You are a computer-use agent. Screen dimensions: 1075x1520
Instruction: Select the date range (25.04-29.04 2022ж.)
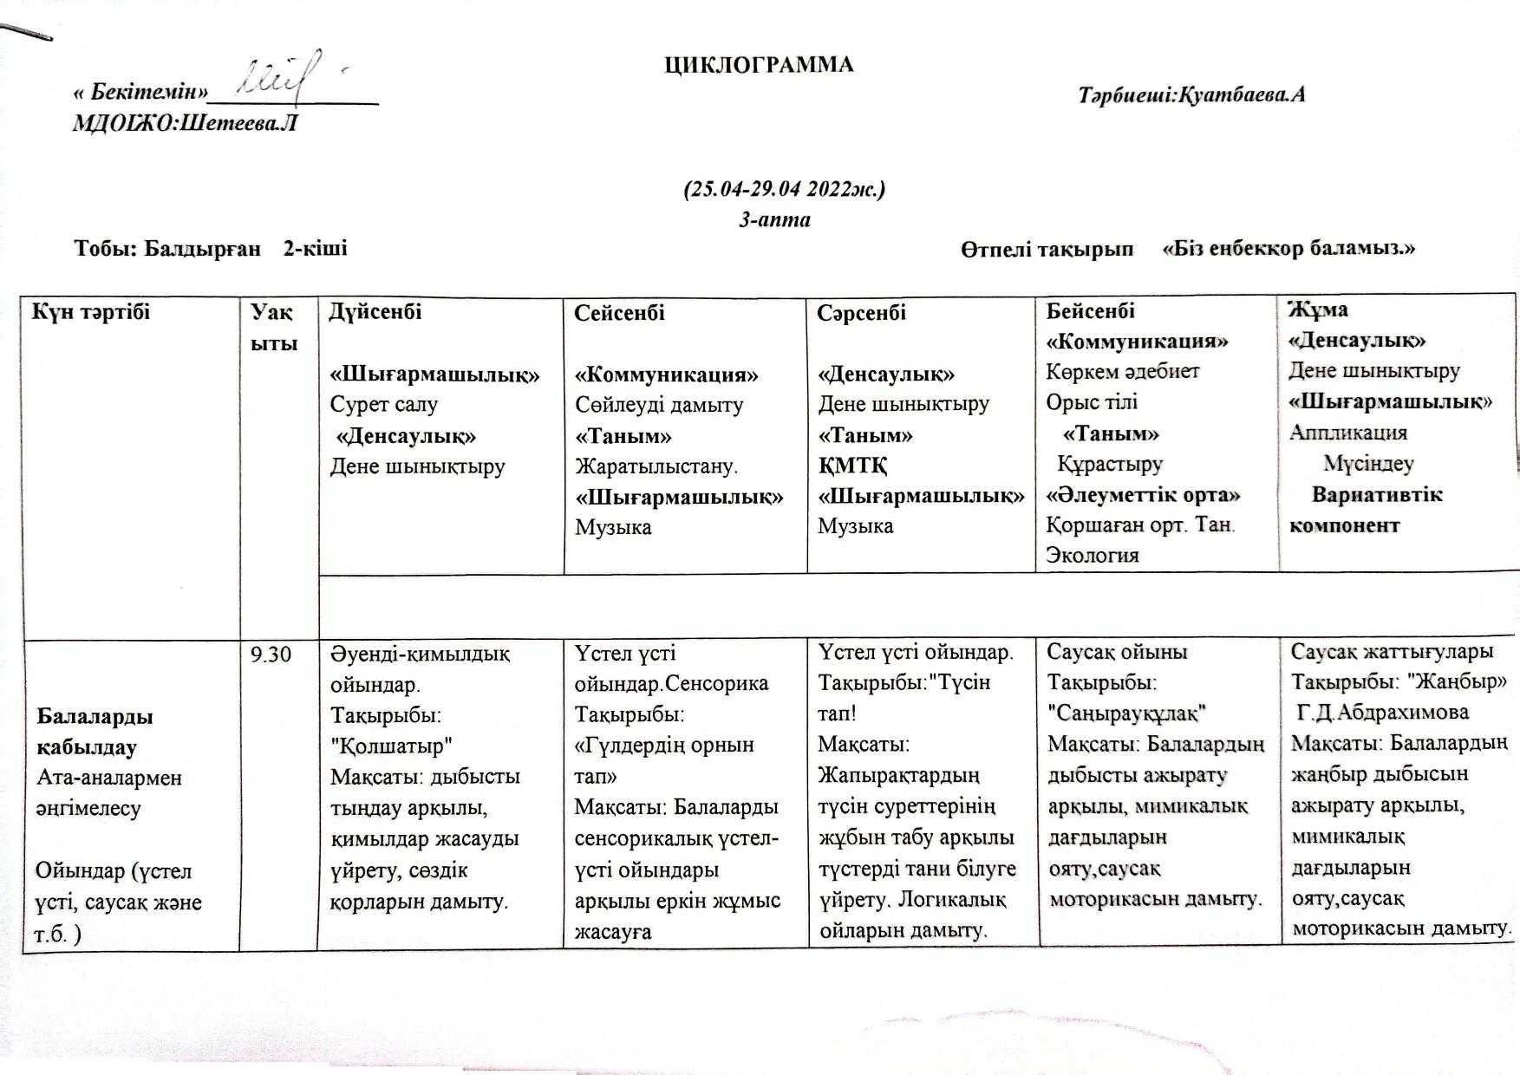785,189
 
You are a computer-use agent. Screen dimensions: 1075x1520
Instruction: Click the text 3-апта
774,219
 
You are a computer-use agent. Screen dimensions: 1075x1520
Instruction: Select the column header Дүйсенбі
375,312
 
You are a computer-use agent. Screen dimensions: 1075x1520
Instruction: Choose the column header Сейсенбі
619,313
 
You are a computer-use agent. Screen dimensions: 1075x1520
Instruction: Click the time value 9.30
271,655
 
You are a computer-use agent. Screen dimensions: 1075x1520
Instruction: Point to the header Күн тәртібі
91,312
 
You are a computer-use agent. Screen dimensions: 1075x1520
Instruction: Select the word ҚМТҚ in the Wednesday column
852,466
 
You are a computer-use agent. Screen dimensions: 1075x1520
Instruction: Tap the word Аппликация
1347,433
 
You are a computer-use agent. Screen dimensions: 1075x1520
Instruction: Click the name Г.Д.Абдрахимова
1382,713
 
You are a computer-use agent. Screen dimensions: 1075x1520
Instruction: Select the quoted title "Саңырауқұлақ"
1127,713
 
